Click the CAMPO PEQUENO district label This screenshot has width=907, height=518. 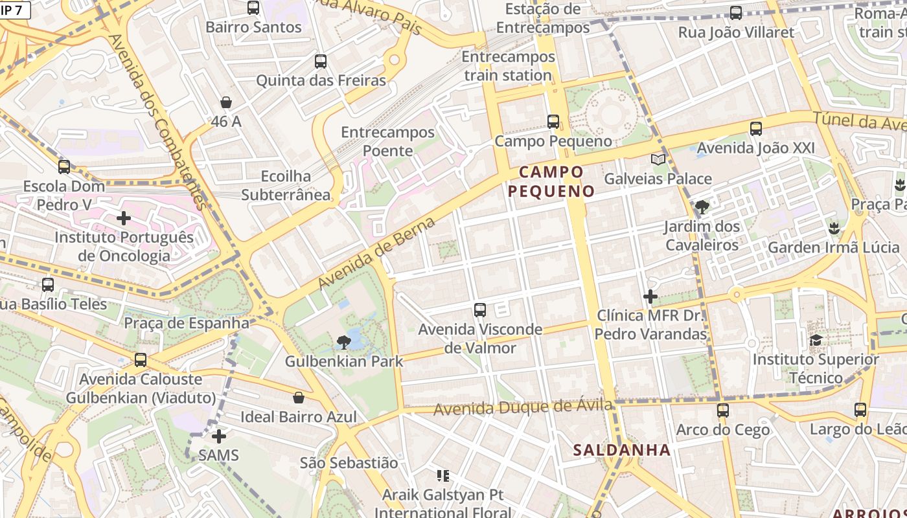(x=551, y=181)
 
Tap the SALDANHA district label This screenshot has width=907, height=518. (x=621, y=450)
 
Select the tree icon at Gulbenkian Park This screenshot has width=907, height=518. (x=343, y=343)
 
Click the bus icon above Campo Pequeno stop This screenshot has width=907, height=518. (x=553, y=122)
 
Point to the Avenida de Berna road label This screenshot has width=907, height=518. (x=376, y=253)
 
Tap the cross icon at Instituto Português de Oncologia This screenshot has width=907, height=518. (x=124, y=218)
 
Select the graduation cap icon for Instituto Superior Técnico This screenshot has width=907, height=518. (x=816, y=341)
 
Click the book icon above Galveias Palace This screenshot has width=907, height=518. (x=658, y=159)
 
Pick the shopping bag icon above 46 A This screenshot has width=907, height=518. (x=226, y=102)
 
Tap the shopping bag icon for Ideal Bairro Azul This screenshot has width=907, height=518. (x=299, y=398)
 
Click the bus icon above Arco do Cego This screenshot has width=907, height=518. (x=723, y=411)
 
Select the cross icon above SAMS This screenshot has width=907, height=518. (x=219, y=436)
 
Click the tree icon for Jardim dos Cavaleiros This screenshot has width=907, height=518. (x=702, y=207)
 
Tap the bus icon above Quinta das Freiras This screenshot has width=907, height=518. (x=321, y=62)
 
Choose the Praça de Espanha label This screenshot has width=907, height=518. (x=187, y=322)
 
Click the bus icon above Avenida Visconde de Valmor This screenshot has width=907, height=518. (x=479, y=310)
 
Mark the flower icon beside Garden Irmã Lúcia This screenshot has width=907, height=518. (x=833, y=228)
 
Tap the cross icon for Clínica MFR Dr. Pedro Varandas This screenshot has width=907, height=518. (x=650, y=297)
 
